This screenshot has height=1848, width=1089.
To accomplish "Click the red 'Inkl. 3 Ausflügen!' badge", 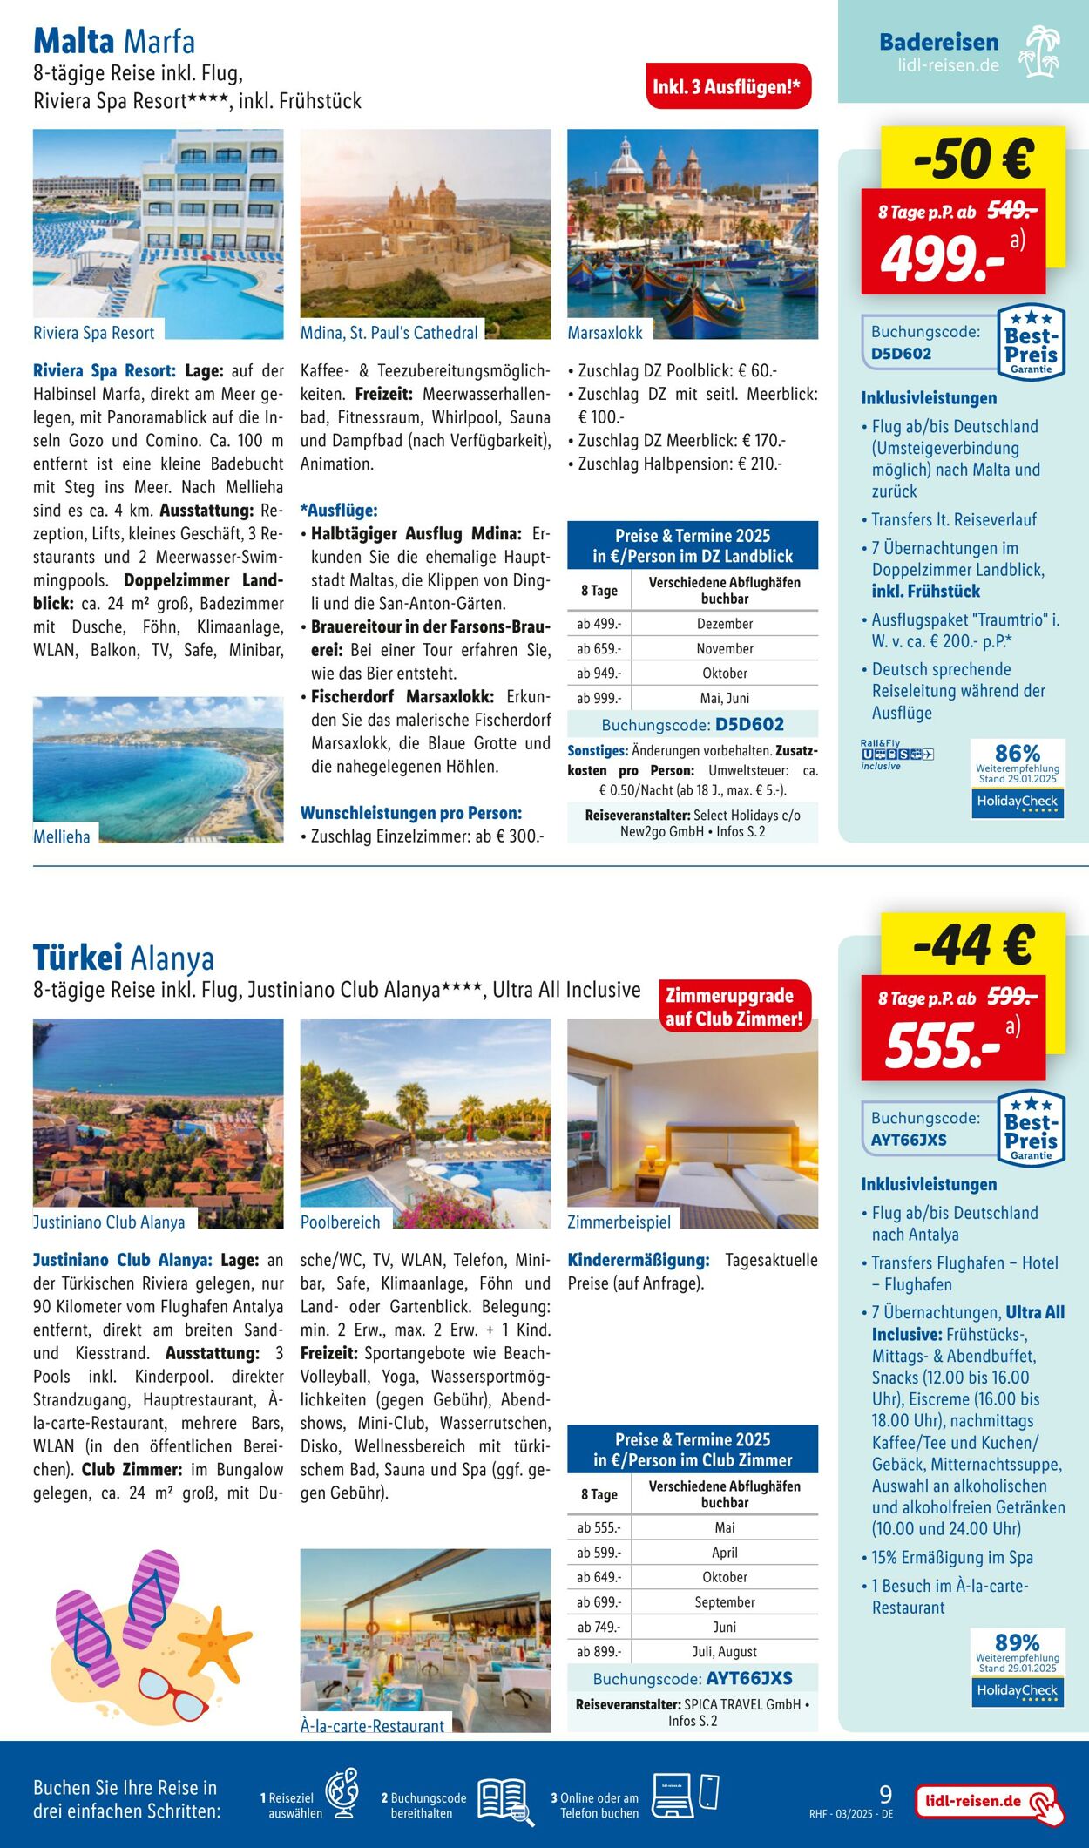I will click(727, 86).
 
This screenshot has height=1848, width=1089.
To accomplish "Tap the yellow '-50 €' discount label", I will click(973, 158).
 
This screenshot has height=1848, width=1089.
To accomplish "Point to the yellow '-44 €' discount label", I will click(973, 944).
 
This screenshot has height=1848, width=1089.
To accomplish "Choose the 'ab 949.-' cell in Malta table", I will click(599, 674).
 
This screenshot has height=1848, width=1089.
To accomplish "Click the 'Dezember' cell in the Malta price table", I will click(725, 624).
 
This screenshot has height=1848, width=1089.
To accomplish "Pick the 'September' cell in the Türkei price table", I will click(725, 1601).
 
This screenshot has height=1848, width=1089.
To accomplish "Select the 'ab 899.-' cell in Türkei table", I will click(599, 1651).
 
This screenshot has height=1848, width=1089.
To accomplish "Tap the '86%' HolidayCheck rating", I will click(1018, 753).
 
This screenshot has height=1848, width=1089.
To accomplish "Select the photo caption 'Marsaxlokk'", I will click(605, 333).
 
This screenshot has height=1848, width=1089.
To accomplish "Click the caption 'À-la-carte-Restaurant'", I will click(372, 1726).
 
